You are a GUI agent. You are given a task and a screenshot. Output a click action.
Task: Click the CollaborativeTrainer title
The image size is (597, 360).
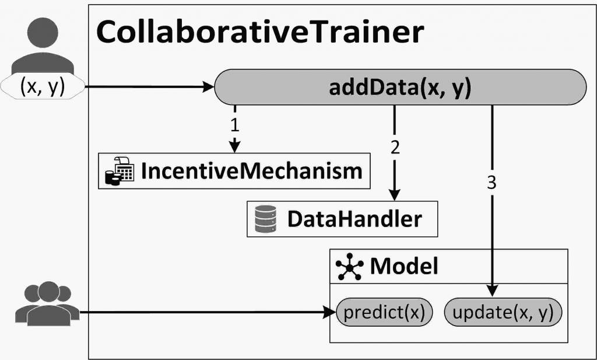(260, 32)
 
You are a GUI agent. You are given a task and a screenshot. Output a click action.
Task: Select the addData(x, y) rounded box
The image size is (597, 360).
(400, 87)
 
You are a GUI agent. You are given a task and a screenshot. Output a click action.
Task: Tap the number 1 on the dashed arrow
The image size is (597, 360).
(235, 125)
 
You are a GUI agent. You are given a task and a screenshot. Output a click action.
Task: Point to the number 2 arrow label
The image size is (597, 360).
(395, 147)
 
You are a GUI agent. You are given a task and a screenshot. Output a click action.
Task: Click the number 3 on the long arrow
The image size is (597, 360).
(492, 183)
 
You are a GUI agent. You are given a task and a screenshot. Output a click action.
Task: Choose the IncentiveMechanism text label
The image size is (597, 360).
(252, 171)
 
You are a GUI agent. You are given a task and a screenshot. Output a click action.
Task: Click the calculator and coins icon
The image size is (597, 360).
(120, 171)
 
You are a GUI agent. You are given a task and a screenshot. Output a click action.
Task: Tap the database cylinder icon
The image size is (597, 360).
(266, 219)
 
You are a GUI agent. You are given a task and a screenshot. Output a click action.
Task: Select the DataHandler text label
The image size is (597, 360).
(354, 219)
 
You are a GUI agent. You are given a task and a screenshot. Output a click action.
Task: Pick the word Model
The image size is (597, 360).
(404, 266)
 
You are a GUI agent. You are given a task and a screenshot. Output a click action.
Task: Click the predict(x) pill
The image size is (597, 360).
(384, 312)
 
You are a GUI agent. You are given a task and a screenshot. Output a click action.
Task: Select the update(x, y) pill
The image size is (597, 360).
(503, 312)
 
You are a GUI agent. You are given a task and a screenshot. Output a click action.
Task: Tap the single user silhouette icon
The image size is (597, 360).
(43, 46)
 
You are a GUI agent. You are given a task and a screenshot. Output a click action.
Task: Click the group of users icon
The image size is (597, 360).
(48, 303)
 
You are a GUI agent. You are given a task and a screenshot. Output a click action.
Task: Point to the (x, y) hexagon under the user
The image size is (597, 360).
(43, 86)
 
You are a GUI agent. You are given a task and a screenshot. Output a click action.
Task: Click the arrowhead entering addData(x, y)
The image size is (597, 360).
(209, 87)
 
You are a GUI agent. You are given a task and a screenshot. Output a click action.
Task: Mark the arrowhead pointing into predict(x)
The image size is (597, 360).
(330, 312)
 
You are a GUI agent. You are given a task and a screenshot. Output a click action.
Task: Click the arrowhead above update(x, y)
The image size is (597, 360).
(492, 291)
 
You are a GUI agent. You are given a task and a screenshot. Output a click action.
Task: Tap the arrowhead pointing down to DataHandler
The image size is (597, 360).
(395, 194)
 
